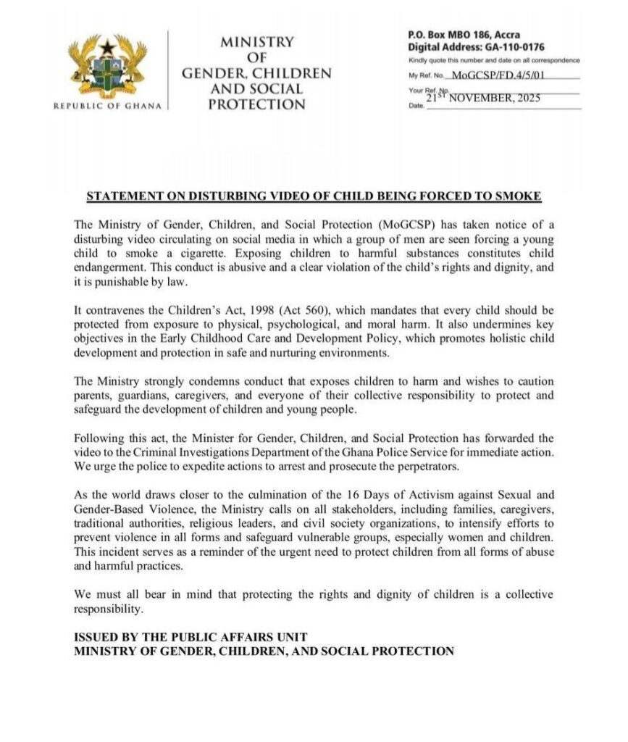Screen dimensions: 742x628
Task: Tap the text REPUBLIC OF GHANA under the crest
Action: click(109, 107)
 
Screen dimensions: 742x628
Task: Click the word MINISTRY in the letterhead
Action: click(257, 43)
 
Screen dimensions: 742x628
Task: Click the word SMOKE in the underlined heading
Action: click(522, 197)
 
